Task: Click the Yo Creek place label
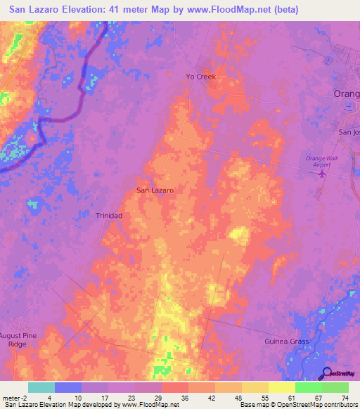tap(200, 77)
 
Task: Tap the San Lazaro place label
tap(155, 190)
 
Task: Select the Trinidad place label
tap(109, 216)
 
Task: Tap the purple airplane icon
tap(323, 174)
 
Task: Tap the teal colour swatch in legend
tap(41, 387)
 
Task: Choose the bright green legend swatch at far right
tap(335, 387)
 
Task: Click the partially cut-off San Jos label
tap(349, 132)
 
